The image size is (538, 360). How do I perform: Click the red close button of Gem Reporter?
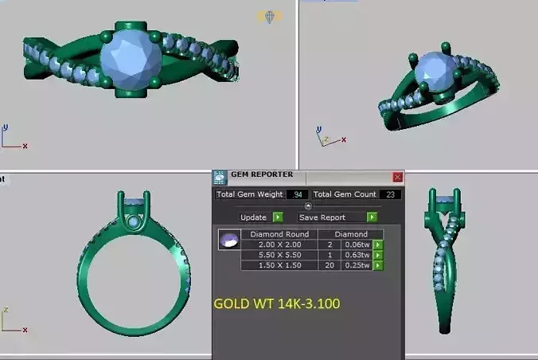[x=398, y=177]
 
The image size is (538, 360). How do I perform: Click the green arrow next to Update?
[x=278, y=217]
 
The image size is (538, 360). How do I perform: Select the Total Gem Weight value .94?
[x=298, y=195]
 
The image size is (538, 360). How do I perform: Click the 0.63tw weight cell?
[x=357, y=255]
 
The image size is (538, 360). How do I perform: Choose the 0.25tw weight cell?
[x=357, y=265]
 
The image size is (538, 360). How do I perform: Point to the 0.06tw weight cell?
[x=357, y=245]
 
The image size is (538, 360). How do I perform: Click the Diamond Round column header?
[x=279, y=234]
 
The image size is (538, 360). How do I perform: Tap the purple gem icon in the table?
[x=230, y=239]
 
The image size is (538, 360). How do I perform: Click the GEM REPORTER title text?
[x=262, y=174]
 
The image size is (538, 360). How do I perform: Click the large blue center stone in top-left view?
[x=131, y=60]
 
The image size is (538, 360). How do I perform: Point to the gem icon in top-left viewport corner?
[x=270, y=15]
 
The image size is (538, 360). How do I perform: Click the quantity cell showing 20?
[x=329, y=265]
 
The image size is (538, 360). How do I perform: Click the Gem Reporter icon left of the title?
[x=220, y=178]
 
